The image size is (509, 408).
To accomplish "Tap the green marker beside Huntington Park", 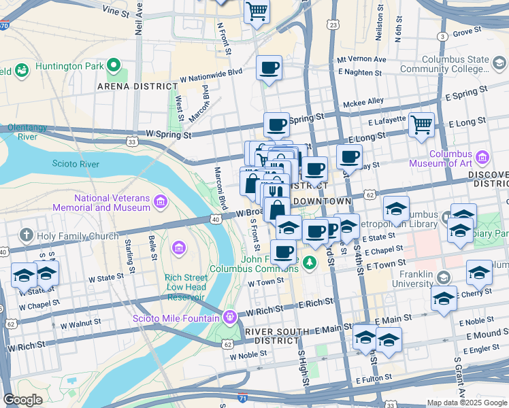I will pos(113,66).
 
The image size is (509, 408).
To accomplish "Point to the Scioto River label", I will pos(76,164).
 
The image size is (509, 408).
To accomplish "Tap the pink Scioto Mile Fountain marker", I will pos(230,316).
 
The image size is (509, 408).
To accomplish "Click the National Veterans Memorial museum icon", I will pos(161,202).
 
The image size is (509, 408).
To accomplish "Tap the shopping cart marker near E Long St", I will pos(421,124).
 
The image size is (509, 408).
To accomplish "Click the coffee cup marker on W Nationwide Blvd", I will pos(269,68).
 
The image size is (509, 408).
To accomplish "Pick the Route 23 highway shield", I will pos(332,24).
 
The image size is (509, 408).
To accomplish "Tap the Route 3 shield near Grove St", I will pos(442,36).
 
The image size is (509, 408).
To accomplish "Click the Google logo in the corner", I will pos(22,400).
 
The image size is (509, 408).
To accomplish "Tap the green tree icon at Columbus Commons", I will pos(311,262).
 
